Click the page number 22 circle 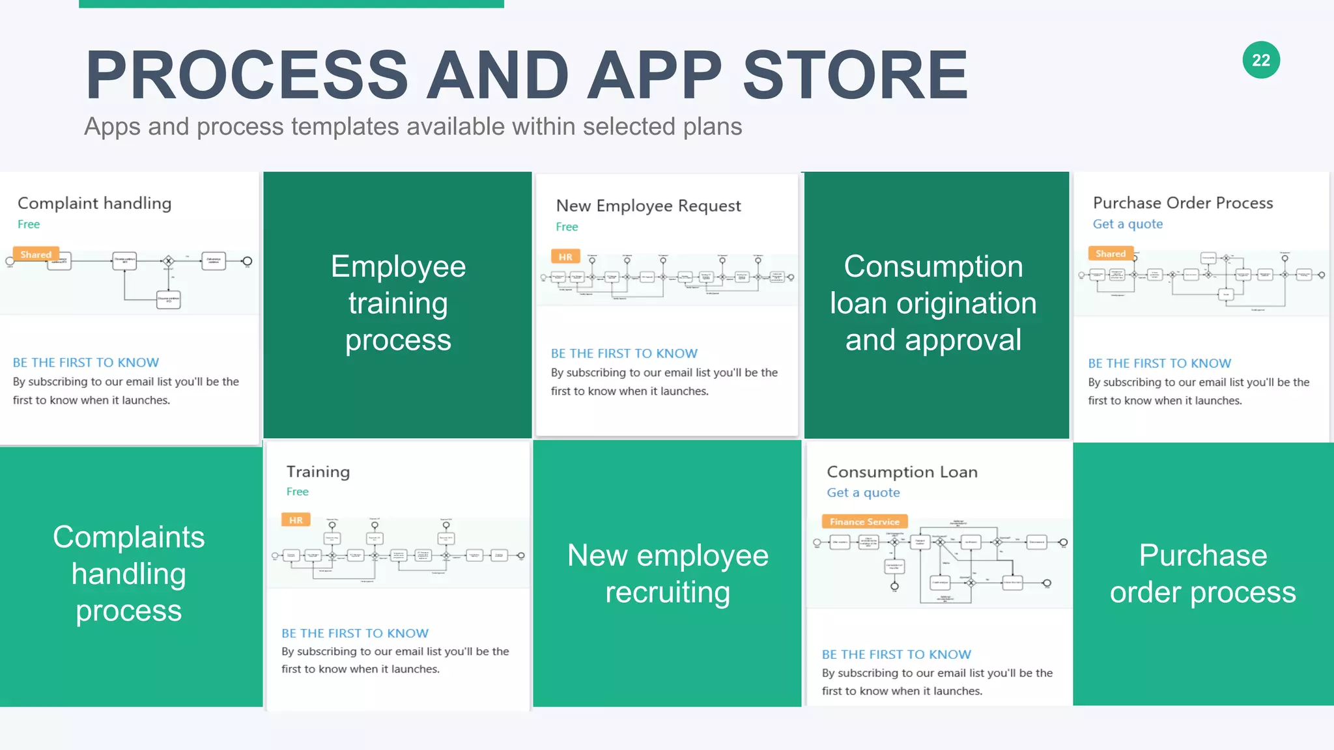(1261, 60)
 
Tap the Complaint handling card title (94, 203)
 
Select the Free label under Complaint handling (29, 224)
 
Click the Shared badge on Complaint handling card (36, 255)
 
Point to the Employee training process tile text (398, 303)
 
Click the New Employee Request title (648, 206)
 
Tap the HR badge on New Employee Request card (565, 257)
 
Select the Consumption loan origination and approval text (933, 303)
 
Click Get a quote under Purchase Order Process (1128, 224)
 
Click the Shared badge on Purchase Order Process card (1111, 254)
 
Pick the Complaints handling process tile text (129, 574)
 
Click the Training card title (318, 471)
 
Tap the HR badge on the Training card (296, 520)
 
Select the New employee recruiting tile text (668, 574)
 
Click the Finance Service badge (864, 521)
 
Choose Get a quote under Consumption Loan (863, 493)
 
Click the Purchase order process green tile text (1202, 574)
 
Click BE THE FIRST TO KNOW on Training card (355, 633)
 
